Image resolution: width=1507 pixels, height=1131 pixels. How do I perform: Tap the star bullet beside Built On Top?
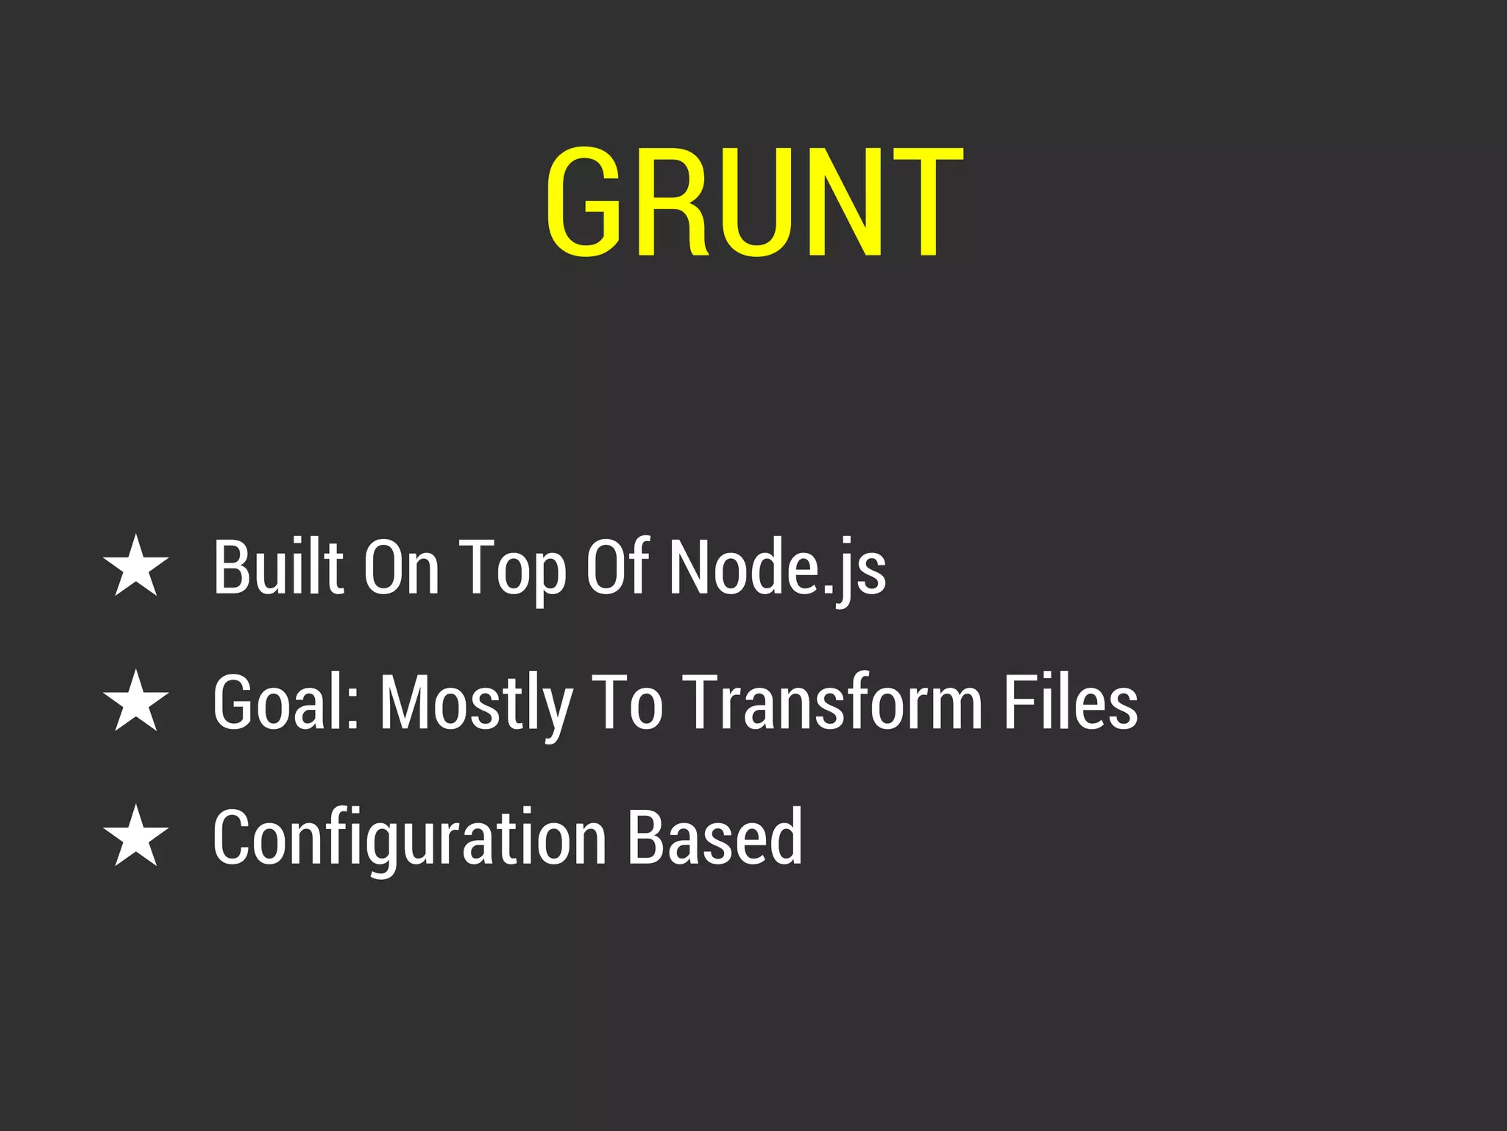pyautogui.click(x=136, y=566)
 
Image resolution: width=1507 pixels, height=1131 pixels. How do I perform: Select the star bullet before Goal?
pyautogui.click(x=136, y=701)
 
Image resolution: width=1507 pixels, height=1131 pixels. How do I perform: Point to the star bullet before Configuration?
pyautogui.click(x=136, y=836)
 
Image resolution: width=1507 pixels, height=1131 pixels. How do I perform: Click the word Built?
pyautogui.click(x=278, y=566)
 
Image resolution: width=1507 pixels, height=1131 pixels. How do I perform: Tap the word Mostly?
pyautogui.click(x=475, y=704)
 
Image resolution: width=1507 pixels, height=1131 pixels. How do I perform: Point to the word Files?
pyautogui.click(x=1071, y=702)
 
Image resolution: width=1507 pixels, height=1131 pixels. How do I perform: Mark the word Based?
pyautogui.click(x=715, y=836)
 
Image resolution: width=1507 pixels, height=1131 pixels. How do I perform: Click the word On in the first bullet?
pyautogui.click(x=402, y=566)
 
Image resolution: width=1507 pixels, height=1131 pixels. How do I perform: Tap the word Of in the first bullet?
pyautogui.click(x=617, y=566)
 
